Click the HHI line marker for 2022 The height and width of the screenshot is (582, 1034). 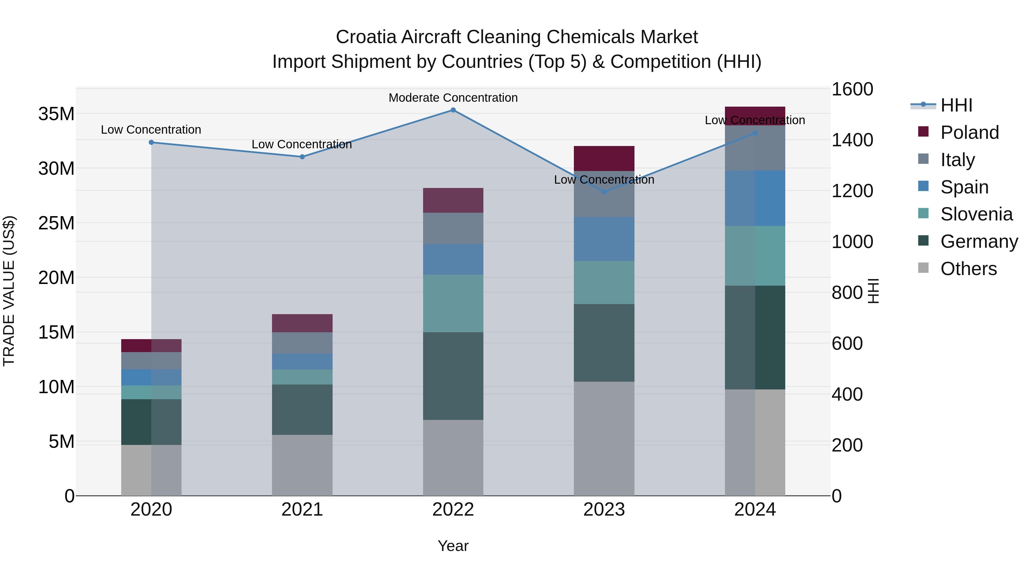453,110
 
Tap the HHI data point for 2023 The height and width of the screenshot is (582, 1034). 604,192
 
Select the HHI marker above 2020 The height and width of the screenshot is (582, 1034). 151,143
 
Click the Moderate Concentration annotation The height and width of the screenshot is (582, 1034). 453,98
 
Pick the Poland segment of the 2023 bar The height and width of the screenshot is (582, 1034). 604,159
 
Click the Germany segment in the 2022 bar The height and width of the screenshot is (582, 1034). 453,376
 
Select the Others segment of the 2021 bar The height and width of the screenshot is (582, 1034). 302,465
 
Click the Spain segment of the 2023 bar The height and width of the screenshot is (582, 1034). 604,239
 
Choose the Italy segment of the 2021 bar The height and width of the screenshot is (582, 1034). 302,343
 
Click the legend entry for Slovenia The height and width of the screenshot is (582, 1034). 976,214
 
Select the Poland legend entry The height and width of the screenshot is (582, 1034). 969,132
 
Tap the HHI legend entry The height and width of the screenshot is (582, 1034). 956,105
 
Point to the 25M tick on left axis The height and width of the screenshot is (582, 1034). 56,223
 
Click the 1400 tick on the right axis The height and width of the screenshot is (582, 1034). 852,140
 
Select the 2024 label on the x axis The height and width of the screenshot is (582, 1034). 755,510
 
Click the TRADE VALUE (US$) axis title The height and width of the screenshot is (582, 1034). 9,291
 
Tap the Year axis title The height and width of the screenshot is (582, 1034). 453,546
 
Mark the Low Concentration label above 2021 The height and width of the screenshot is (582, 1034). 302,144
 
